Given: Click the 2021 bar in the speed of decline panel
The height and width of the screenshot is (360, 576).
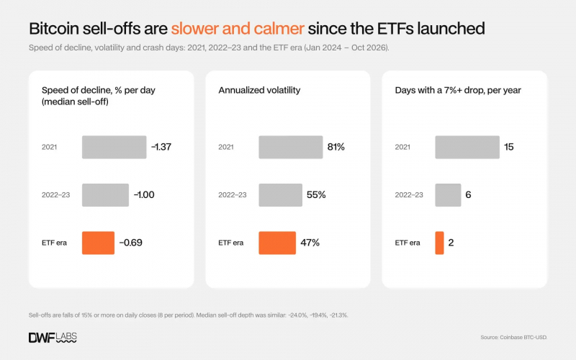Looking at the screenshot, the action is pyautogui.click(x=114, y=147).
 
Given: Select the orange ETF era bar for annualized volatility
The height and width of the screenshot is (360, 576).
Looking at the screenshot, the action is pyautogui.click(x=277, y=243).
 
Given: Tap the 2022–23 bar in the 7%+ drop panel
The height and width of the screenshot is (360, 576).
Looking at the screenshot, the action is pyautogui.click(x=448, y=195).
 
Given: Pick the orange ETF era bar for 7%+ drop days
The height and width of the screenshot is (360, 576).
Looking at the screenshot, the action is pyautogui.click(x=439, y=243).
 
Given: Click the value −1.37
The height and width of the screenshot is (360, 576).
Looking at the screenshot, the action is pyautogui.click(x=161, y=147).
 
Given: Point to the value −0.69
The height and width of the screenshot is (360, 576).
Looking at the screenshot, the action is pyautogui.click(x=131, y=243).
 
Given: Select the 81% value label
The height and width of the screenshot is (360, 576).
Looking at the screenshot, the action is pyautogui.click(x=336, y=147).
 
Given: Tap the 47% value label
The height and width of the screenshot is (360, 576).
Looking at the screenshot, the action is pyautogui.click(x=310, y=243).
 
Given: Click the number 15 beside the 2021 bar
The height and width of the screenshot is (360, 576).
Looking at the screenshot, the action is pyautogui.click(x=509, y=147).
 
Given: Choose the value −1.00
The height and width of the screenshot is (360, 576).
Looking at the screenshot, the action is pyautogui.click(x=144, y=194).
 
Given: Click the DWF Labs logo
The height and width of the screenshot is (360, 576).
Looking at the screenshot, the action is pyautogui.click(x=53, y=338).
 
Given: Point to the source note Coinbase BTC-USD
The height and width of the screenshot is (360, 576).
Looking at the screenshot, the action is pyautogui.click(x=514, y=337).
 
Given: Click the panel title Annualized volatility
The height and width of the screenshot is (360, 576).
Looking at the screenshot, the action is pyautogui.click(x=259, y=91).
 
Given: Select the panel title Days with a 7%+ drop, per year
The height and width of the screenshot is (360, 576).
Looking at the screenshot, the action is pyautogui.click(x=458, y=91).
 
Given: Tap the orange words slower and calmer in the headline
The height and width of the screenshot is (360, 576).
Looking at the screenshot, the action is pyautogui.click(x=238, y=29).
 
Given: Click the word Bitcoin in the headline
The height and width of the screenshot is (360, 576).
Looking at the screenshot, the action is pyautogui.click(x=53, y=29).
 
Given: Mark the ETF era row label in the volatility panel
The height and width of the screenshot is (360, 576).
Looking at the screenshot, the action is pyautogui.click(x=230, y=243).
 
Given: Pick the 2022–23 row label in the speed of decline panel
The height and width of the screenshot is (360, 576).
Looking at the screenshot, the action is pyautogui.click(x=56, y=194).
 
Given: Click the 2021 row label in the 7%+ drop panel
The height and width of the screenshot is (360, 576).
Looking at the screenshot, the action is pyautogui.click(x=402, y=147).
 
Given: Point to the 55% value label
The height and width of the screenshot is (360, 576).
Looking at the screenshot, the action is pyautogui.click(x=316, y=194).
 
